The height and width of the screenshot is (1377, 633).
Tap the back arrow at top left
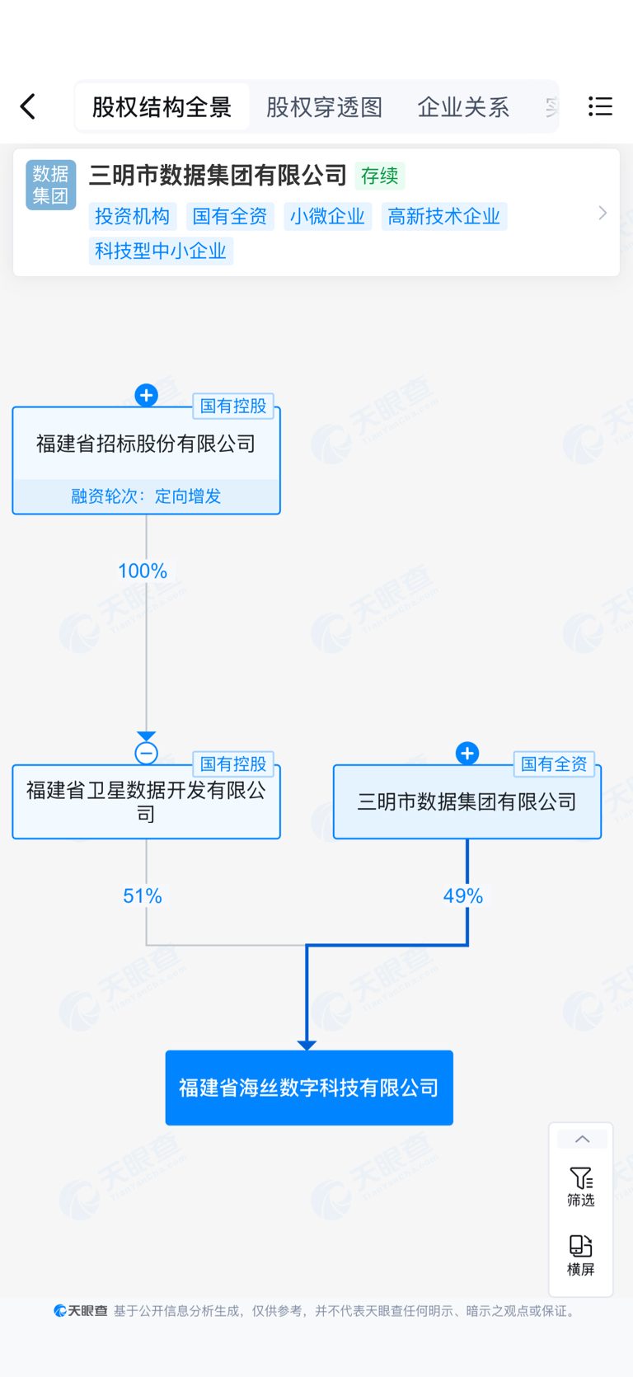click(x=28, y=106)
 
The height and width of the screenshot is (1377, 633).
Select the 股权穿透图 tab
click(x=324, y=107)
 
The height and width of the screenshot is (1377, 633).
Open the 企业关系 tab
click(x=463, y=107)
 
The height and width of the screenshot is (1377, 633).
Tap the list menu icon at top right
click(x=600, y=106)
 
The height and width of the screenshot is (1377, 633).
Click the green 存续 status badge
click(x=379, y=176)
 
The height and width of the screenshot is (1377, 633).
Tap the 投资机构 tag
click(x=132, y=216)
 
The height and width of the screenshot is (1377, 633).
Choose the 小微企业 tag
click(x=327, y=216)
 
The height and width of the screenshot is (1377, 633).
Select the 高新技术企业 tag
click(x=443, y=216)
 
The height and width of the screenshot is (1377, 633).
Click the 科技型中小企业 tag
click(x=161, y=251)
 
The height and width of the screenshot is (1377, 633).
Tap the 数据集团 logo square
click(x=51, y=185)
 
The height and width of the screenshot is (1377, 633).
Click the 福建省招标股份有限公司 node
click(x=146, y=444)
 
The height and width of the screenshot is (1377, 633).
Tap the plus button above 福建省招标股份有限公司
click(x=146, y=396)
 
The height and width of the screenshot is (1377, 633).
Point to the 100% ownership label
click(x=143, y=571)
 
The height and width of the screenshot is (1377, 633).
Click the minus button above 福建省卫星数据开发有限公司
click(x=146, y=753)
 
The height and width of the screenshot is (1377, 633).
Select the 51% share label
click(x=143, y=896)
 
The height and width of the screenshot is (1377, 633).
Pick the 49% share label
click(x=463, y=896)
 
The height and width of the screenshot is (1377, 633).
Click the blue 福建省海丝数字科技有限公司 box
click(x=309, y=1088)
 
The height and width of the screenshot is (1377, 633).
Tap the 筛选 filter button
click(x=581, y=1187)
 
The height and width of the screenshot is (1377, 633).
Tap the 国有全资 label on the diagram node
click(x=554, y=764)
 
